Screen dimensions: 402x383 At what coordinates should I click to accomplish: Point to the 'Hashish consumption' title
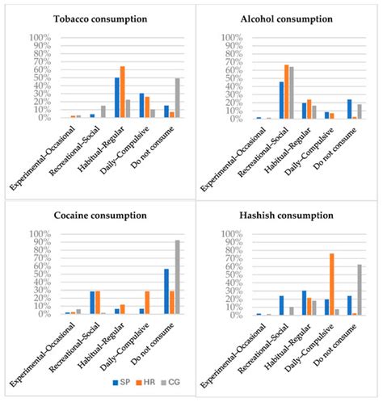coord(288,216)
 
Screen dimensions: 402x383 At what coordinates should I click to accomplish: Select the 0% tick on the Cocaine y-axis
coord(42,314)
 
